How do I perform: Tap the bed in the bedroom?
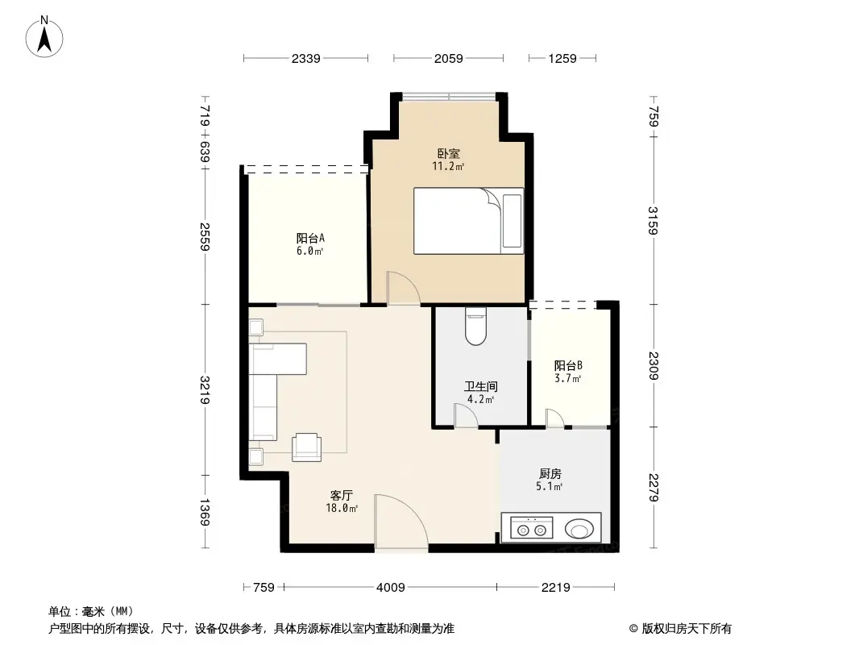468,221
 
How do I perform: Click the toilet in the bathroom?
476,327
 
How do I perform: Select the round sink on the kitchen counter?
580,530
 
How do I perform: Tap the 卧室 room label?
449,153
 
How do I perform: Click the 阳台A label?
310,238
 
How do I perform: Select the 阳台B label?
568,365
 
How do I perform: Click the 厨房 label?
550,474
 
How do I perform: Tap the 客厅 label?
342,495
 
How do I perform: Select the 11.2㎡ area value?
449,167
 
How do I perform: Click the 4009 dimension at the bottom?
389,587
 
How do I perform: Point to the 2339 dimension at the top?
306,58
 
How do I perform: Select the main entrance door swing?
400,524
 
